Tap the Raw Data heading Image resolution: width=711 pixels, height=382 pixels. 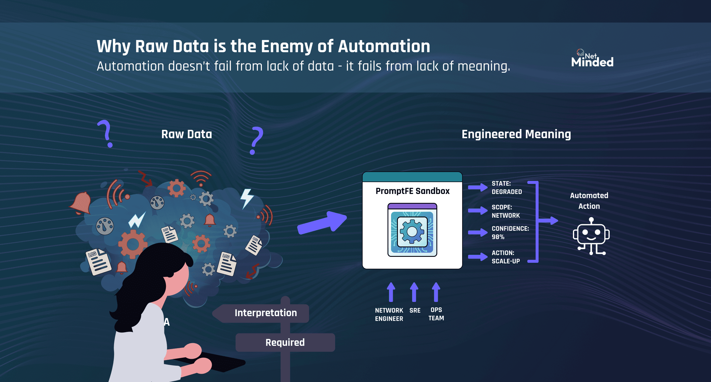[x=187, y=134]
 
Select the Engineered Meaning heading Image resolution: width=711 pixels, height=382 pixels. [x=516, y=134]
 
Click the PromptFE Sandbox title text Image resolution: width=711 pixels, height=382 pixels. [x=412, y=191]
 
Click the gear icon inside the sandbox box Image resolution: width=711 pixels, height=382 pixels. [x=412, y=232]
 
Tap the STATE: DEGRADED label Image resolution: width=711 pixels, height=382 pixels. [x=507, y=188]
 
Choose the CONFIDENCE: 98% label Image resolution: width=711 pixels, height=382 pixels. [x=510, y=233]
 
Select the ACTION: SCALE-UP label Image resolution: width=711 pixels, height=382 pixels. [x=506, y=257]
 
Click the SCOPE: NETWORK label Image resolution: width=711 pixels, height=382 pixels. [x=506, y=211]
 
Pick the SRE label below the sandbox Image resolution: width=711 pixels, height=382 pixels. [x=415, y=311]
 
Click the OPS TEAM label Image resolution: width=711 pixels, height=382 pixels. [x=436, y=314]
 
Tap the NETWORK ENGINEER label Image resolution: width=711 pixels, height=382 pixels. [x=389, y=315]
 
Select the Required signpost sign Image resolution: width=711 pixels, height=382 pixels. [x=285, y=343]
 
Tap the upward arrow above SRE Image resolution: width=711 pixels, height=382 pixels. [x=414, y=292]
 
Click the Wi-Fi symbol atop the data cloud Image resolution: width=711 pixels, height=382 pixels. [x=201, y=178]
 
